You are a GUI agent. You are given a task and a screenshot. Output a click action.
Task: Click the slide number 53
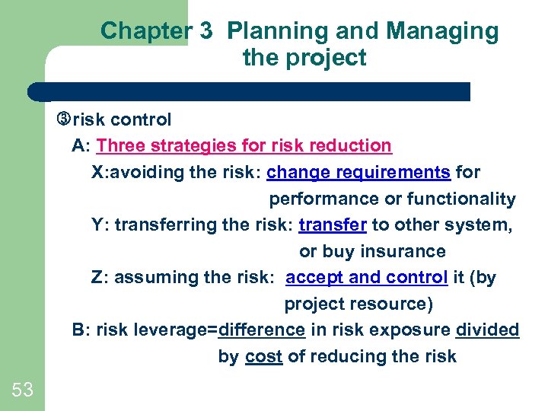(x=22, y=390)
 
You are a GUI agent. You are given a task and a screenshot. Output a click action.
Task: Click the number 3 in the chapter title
(x=205, y=31)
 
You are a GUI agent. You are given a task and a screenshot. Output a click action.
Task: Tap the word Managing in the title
(x=442, y=31)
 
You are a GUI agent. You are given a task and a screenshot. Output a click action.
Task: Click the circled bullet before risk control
(x=63, y=119)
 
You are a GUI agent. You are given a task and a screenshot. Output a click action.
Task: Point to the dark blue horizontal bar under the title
(x=251, y=92)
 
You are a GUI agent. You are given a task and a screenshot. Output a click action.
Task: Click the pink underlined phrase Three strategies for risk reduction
(x=244, y=145)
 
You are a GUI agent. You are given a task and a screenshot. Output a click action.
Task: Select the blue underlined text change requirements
(x=358, y=172)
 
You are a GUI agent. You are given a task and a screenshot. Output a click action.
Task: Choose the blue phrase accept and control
(x=366, y=278)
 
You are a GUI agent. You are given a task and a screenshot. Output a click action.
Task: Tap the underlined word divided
(x=487, y=330)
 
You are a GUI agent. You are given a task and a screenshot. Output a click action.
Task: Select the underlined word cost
(x=264, y=356)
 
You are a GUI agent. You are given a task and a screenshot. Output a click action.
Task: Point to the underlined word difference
(x=262, y=330)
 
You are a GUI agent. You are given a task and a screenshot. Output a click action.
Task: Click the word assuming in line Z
(x=156, y=278)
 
